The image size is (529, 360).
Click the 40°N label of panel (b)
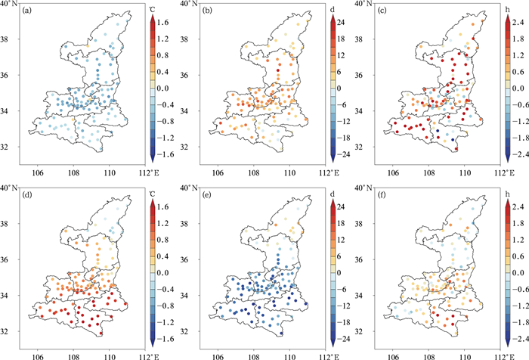click(191, 5)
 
